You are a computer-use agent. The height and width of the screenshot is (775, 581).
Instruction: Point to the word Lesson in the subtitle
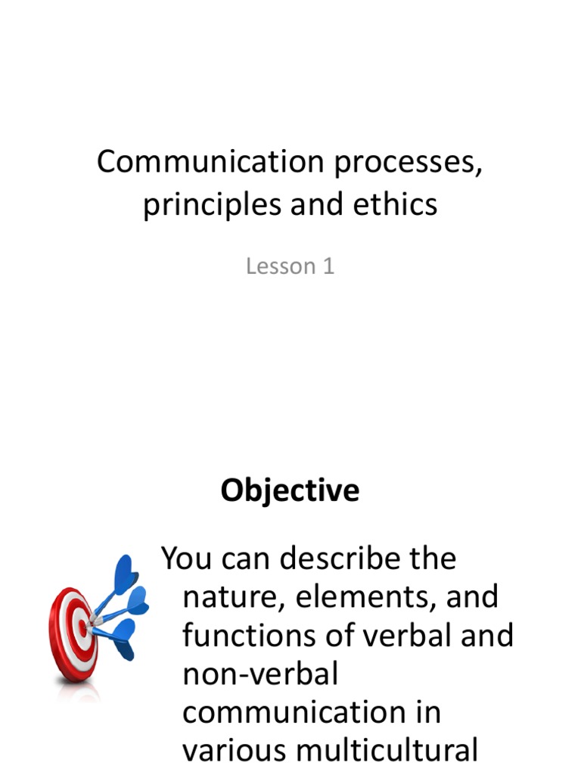[x=279, y=266]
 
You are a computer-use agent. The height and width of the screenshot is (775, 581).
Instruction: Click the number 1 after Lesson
[x=328, y=266]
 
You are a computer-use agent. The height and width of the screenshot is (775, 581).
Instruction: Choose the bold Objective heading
[x=290, y=491]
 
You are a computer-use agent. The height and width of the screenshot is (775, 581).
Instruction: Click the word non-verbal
[x=259, y=674]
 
